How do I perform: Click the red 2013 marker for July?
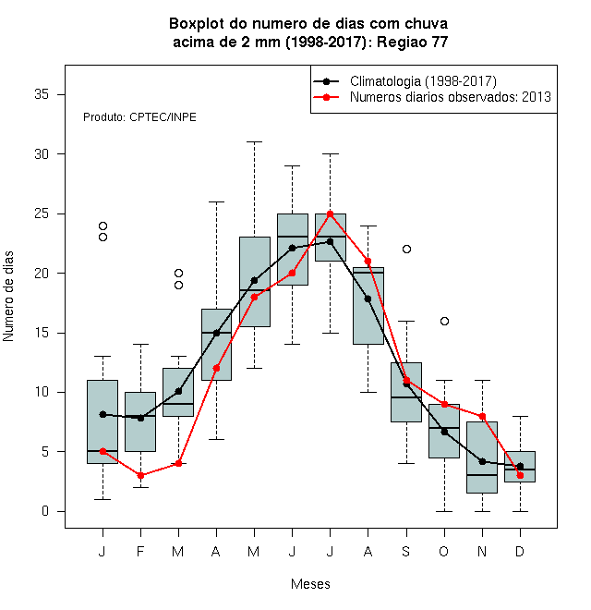(x=330, y=214)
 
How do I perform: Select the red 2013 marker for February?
(x=140, y=475)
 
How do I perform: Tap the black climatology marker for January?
(x=103, y=414)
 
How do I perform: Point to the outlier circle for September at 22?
(x=406, y=249)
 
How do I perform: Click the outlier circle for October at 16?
(x=444, y=321)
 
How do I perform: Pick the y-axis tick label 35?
(x=42, y=94)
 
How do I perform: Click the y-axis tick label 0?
(x=45, y=511)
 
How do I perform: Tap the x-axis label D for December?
(x=520, y=551)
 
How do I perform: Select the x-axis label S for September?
(x=406, y=551)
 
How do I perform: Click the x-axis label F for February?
(x=140, y=551)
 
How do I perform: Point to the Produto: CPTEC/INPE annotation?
(x=139, y=117)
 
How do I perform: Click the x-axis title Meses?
(x=310, y=584)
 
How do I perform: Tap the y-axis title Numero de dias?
(x=8, y=297)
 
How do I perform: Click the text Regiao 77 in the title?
(x=412, y=42)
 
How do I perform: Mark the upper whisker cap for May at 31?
(x=255, y=142)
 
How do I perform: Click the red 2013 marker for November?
(x=483, y=416)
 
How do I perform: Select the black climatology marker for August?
(x=368, y=299)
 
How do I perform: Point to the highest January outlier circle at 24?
(x=103, y=226)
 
